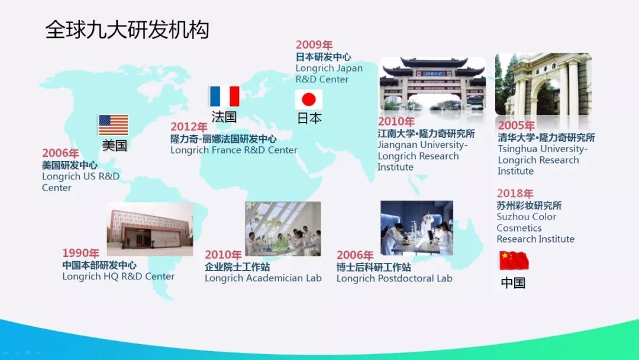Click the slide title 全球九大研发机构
(127, 30)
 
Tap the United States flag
(113, 125)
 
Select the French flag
(224, 97)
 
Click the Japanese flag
(308, 99)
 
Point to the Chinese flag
(514, 261)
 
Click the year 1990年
(80, 253)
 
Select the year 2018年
(515, 193)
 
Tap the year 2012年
(189, 127)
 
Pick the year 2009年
(314, 44)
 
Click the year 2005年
(516, 125)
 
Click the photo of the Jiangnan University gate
(433, 84)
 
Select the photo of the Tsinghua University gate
(543, 84)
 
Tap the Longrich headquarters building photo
(150, 229)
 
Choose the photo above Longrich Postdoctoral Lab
(417, 228)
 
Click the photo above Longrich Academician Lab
(283, 229)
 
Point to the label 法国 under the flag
(224, 117)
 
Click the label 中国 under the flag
(513, 282)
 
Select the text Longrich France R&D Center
(234, 150)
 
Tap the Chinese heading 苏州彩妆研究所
(529, 205)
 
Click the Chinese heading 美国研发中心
(69, 165)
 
